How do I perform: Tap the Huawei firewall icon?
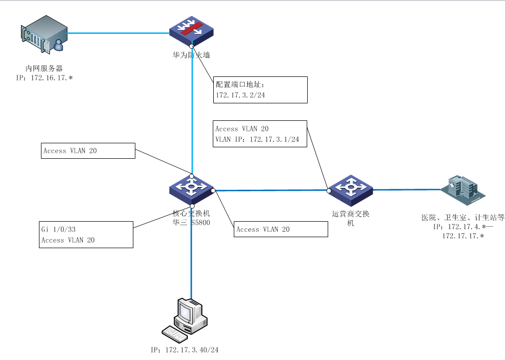click(192, 31)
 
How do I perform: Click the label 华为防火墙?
click(191, 55)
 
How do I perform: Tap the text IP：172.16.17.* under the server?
click(44, 78)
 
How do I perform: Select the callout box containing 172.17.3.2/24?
click(260, 90)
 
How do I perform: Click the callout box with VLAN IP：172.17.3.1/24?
click(259, 133)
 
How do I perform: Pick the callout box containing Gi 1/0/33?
click(86, 235)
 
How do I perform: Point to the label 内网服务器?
click(44, 68)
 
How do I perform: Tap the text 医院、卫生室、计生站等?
click(463, 218)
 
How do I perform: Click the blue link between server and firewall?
click(118, 33)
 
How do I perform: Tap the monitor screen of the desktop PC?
click(186, 312)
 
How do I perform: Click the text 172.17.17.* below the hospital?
click(463, 236)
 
